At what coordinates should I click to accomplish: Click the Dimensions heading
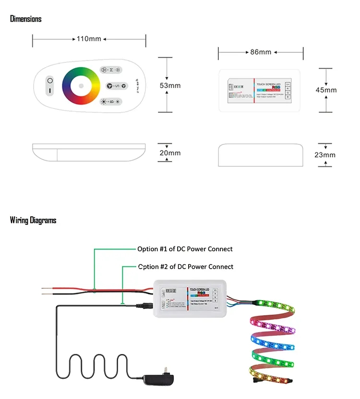(x=26, y=19)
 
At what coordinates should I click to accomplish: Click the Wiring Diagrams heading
(x=33, y=221)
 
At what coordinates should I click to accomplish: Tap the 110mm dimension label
(x=89, y=38)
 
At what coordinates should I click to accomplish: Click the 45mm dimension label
(x=326, y=90)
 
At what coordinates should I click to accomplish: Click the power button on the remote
(x=49, y=85)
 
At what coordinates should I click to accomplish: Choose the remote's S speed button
(x=116, y=86)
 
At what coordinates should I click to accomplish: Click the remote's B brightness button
(x=111, y=102)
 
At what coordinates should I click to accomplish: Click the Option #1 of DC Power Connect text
(x=185, y=249)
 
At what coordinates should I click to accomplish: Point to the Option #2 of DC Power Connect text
(x=185, y=267)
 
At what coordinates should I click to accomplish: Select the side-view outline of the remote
(x=89, y=153)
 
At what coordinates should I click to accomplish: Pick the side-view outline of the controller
(x=261, y=154)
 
